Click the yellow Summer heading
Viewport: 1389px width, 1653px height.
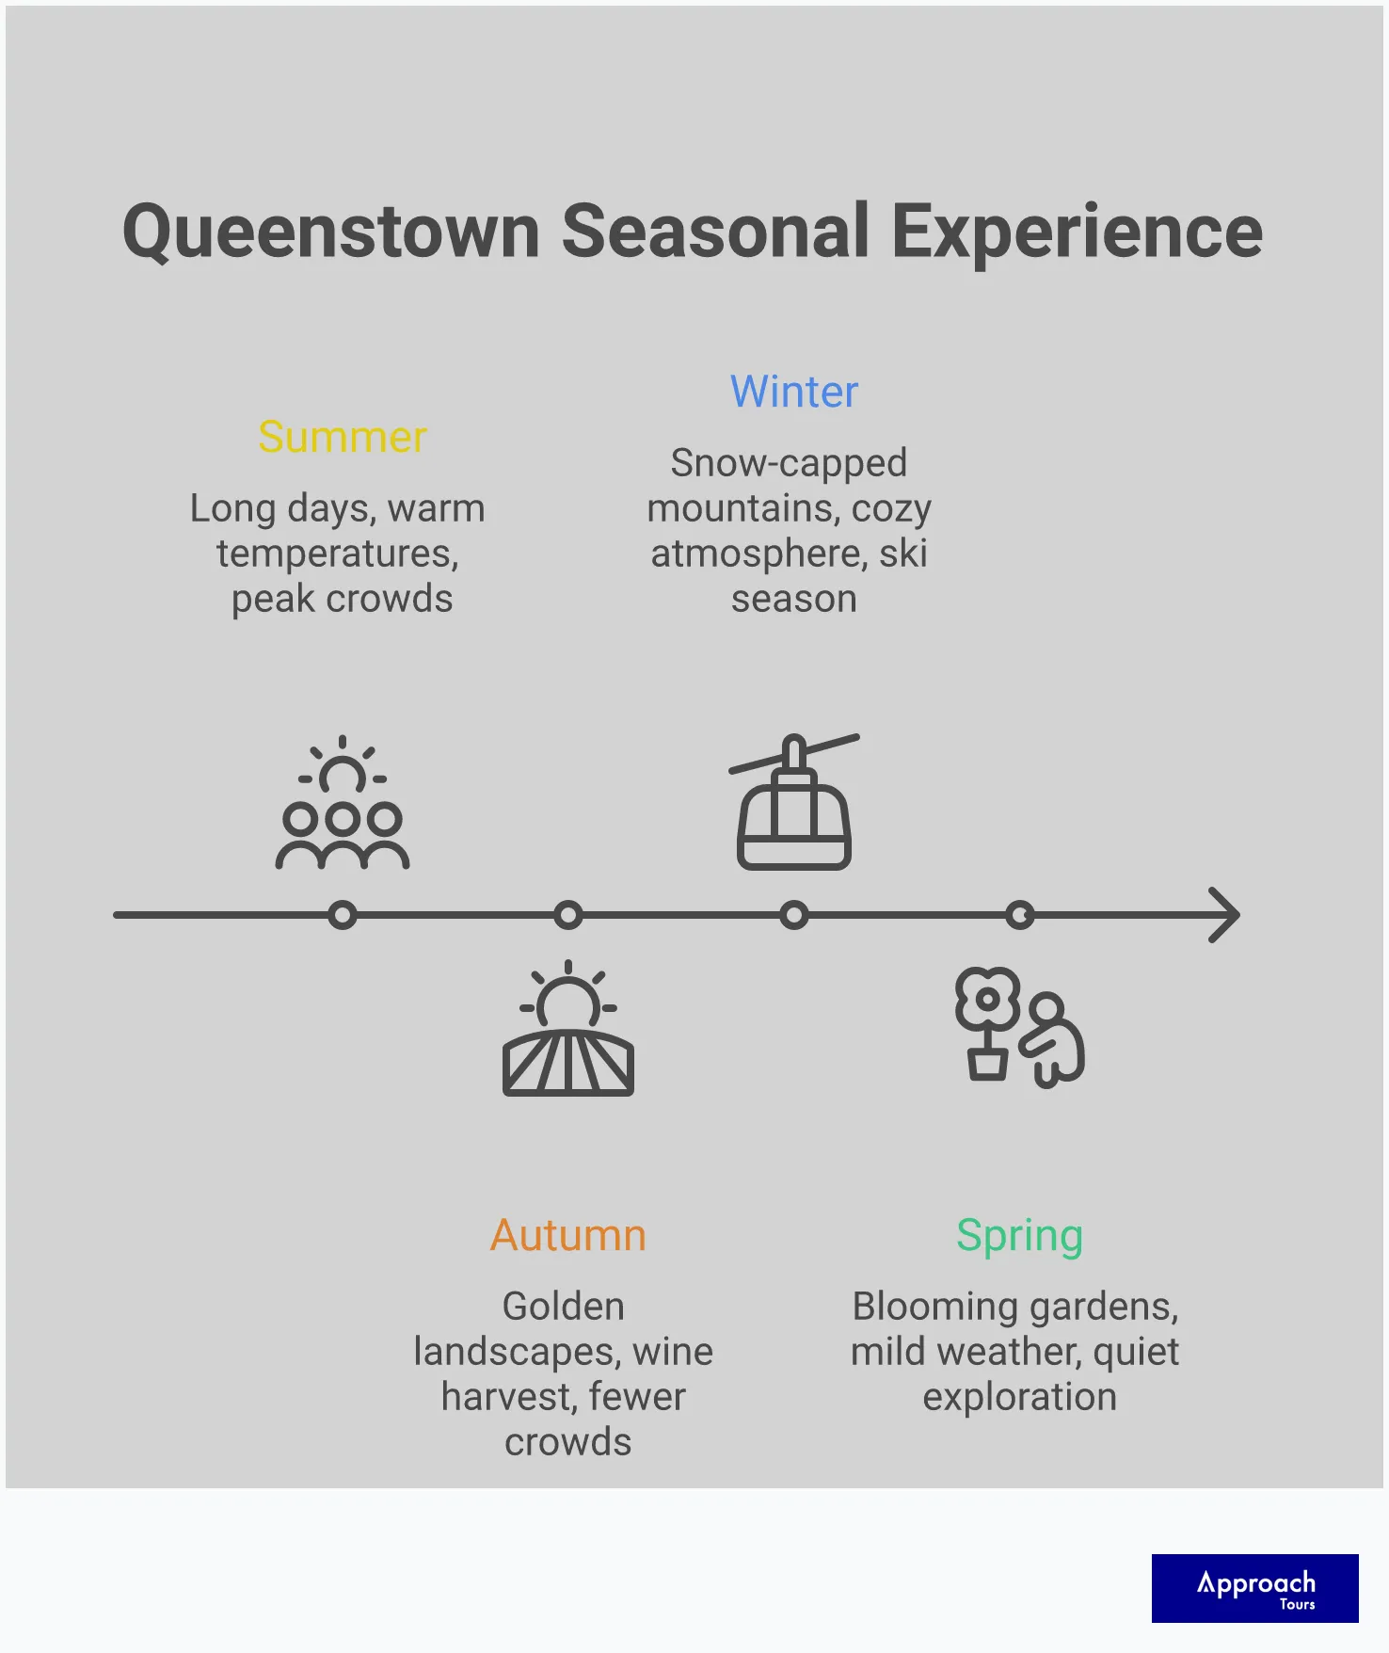coord(343,438)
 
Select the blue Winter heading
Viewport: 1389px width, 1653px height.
coord(794,393)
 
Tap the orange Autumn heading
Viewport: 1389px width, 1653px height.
coord(568,1236)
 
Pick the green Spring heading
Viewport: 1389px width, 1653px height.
coord(1019,1236)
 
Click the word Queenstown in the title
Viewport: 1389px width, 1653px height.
coord(331,232)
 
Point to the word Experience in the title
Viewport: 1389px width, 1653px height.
coord(1077,232)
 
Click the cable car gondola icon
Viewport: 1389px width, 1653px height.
coord(794,803)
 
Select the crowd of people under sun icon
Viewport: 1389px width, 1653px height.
coord(343,805)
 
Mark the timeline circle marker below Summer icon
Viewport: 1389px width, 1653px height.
coord(343,915)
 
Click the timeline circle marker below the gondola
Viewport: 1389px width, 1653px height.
coord(794,915)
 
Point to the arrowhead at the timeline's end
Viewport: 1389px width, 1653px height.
coord(1225,915)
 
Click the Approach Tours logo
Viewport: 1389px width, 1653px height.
coord(1254,1588)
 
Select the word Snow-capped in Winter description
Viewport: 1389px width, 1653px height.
coord(789,463)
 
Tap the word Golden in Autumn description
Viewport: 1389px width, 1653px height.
coord(563,1307)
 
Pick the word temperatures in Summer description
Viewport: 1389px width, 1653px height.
coord(337,554)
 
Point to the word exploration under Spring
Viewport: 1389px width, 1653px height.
coord(1019,1397)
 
